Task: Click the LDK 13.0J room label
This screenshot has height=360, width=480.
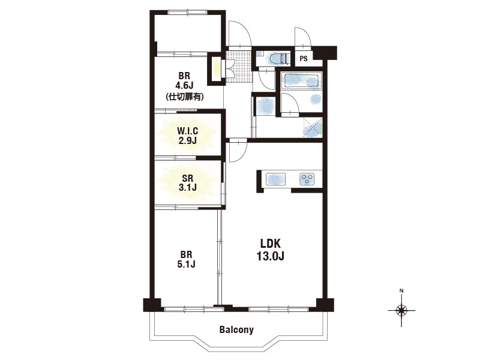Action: pos(271,250)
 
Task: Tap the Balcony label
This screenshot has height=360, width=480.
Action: pos(236,329)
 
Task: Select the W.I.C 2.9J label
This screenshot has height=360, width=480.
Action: pos(187,136)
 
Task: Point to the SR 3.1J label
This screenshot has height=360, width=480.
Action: pos(187,182)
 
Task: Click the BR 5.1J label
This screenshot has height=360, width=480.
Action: pos(186,259)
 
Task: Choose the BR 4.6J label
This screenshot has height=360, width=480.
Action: pos(184,80)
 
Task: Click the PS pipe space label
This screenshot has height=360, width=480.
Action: pos(304,58)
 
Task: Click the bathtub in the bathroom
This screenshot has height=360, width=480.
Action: pos(302,80)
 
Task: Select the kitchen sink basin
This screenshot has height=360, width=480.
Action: pos(275,179)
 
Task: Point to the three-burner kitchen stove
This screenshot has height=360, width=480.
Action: pos(307,179)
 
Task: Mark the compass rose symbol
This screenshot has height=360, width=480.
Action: pos(401,310)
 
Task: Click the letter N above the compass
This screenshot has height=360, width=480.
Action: pos(401,290)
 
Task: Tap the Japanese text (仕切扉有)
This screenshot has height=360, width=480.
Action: pos(185,97)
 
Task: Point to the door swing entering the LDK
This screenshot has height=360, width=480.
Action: pos(238,151)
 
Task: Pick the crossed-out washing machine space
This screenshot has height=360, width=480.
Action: pos(313,127)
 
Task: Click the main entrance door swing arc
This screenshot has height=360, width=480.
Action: pos(239,34)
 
